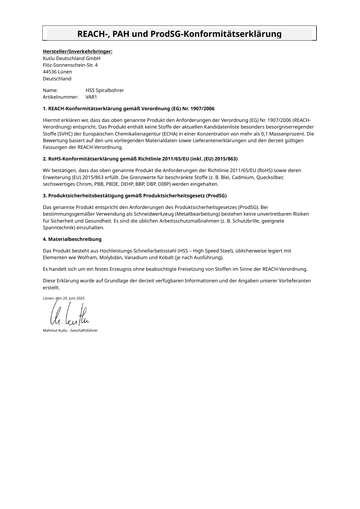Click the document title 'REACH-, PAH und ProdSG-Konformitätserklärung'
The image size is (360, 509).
[x=179, y=34]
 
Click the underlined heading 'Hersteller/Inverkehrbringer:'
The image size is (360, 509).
[x=77, y=52]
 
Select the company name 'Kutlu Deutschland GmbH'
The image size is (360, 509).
[x=71, y=58]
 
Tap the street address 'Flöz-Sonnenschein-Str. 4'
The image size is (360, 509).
[x=70, y=65]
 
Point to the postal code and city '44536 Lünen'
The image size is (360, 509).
[x=57, y=72]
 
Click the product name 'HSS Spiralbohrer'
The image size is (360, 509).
[x=104, y=90]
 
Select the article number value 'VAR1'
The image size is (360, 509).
[x=91, y=97]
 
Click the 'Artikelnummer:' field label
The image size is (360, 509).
[x=61, y=97]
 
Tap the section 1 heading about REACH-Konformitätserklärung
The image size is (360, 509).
[x=129, y=109]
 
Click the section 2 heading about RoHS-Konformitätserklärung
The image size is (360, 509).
[x=140, y=159]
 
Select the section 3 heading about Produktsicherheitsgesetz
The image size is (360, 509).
[x=135, y=196]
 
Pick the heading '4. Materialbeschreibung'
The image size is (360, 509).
[x=72, y=239]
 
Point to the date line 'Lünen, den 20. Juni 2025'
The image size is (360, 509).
[x=64, y=298]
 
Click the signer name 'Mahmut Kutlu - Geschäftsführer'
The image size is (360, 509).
[x=70, y=331]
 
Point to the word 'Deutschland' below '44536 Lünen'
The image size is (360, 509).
[x=57, y=79]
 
